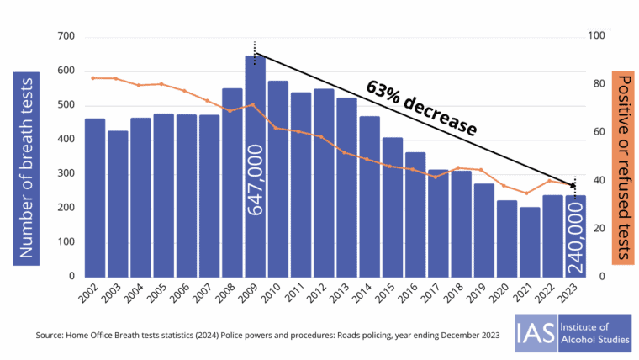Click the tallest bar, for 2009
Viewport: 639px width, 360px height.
click(255, 168)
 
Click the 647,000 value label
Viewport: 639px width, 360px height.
click(256, 178)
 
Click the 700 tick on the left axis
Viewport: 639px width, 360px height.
click(66, 36)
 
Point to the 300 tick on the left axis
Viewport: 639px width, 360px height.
click(66, 173)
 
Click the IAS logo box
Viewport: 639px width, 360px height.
click(533, 332)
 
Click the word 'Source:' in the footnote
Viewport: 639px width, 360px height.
click(52, 335)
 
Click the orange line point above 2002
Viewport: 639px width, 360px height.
click(94, 77)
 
